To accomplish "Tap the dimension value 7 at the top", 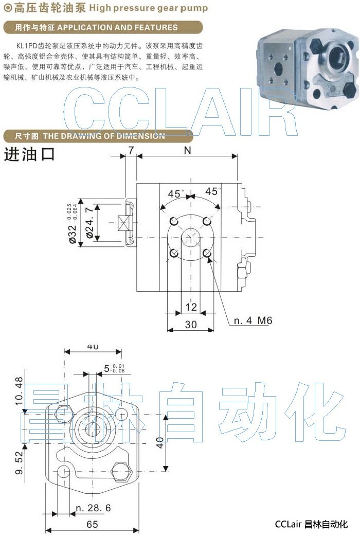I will (x=131, y=151).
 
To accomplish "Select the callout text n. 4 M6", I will (x=253, y=321).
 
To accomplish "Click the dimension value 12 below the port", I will (x=191, y=307).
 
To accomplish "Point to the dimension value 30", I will (x=191, y=325).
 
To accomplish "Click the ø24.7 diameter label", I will (x=91, y=222).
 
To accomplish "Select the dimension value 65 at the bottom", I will (x=93, y=525).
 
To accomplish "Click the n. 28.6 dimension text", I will (x=93, y=508).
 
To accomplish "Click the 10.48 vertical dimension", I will (x=19, y=390).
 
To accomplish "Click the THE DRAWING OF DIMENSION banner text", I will (x=104, y=136).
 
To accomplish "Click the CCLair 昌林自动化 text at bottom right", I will (x=311, y=525).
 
